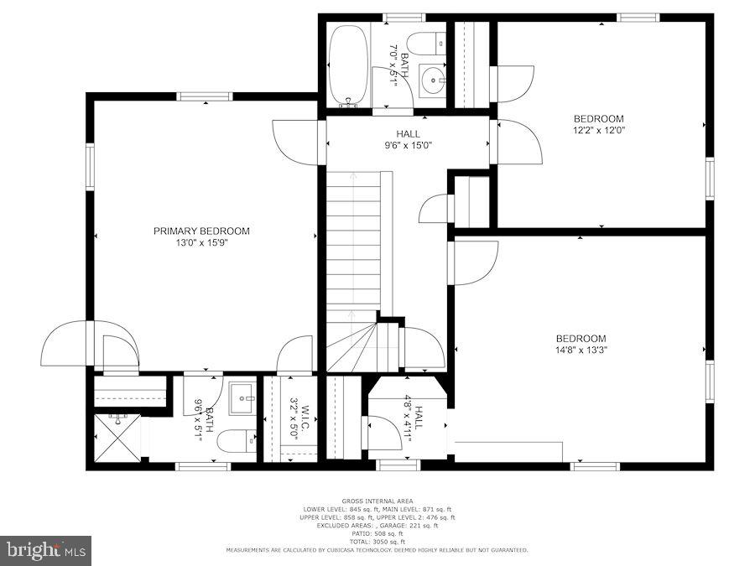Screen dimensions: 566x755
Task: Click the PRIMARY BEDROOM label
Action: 201,231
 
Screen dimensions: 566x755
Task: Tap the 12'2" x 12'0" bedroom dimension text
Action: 599,130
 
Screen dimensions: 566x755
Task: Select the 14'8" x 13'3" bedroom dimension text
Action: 580,351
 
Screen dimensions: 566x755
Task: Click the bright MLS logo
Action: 46,551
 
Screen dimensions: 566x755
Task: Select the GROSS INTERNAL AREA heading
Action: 377,501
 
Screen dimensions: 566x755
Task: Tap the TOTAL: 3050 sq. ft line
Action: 377,541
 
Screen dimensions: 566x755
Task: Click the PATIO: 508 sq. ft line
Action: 377,533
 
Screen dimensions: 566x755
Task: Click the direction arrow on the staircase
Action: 353,180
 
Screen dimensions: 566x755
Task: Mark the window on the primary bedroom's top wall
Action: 205,96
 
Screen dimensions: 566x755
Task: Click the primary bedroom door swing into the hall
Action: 295,141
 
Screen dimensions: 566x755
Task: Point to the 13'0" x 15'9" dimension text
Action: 201,243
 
